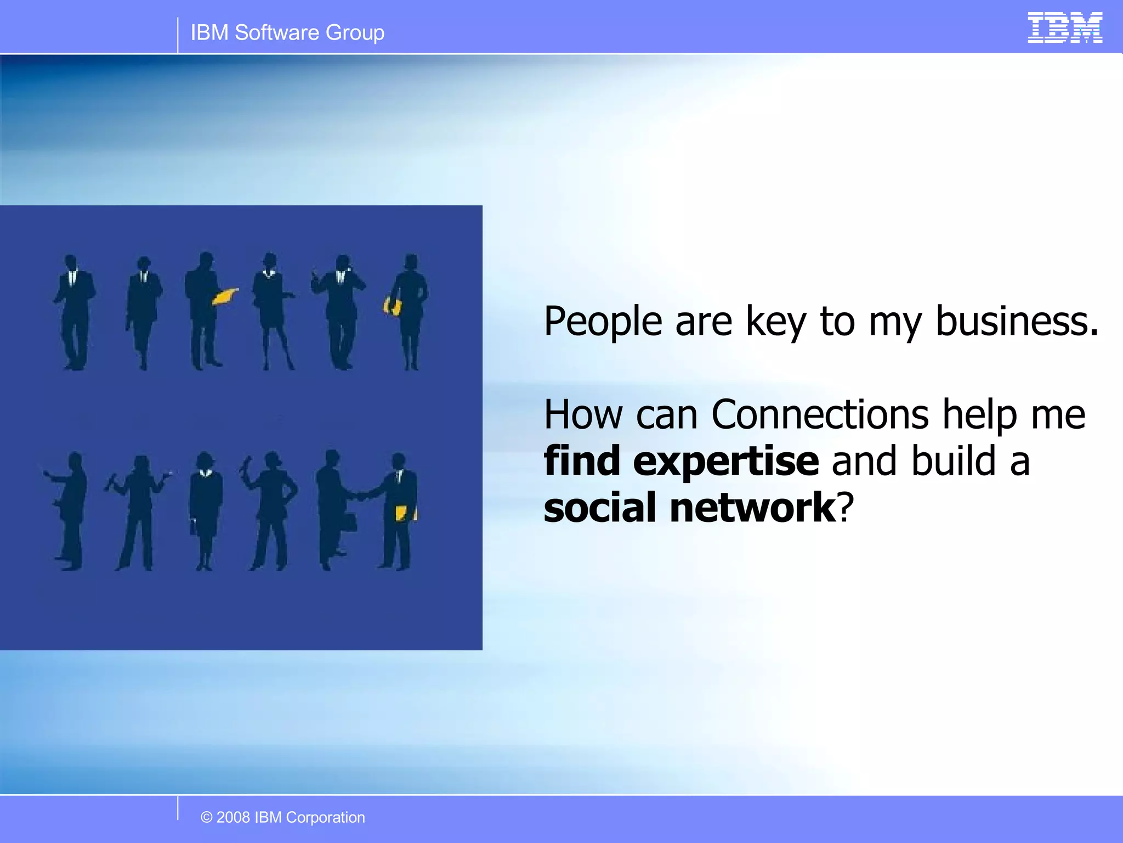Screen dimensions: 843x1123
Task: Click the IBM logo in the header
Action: tap(1064, 28)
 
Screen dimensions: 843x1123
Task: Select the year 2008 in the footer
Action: tap(233, 817)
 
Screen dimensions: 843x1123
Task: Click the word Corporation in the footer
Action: tap(325, 817)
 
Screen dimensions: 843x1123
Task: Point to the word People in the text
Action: tap(603, 322)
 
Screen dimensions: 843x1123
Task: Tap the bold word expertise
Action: tap(725, 463)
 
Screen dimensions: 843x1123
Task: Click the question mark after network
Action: tap(846, 508)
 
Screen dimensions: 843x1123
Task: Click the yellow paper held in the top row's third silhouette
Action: tap(224, 296)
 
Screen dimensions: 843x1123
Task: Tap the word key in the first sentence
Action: tap(775, 322)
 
